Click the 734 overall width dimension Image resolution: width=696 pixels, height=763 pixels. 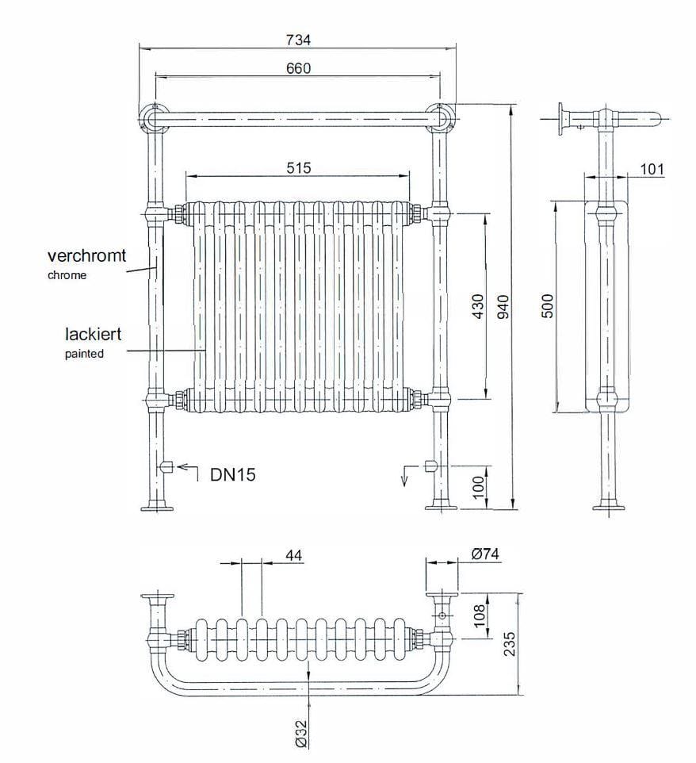[298, 40]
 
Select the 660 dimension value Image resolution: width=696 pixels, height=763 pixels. [298, 68]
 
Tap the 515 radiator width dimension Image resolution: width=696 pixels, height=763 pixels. [298, 167]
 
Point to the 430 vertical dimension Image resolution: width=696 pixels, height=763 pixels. [477, 306]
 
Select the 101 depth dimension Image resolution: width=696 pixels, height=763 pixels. [652, 169]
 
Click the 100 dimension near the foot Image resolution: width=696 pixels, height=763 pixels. [478, 485]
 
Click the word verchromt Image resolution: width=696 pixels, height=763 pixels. [86, 256]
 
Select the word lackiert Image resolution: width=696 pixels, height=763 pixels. [93, 334]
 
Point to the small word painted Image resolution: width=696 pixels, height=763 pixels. [84, 354]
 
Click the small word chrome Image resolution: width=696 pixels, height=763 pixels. [67, 276]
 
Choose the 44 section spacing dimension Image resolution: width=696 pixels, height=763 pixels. [293, 554]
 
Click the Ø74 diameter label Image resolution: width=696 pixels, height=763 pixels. [484, 554]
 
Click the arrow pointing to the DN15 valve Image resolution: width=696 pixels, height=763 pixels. [187, 468]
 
